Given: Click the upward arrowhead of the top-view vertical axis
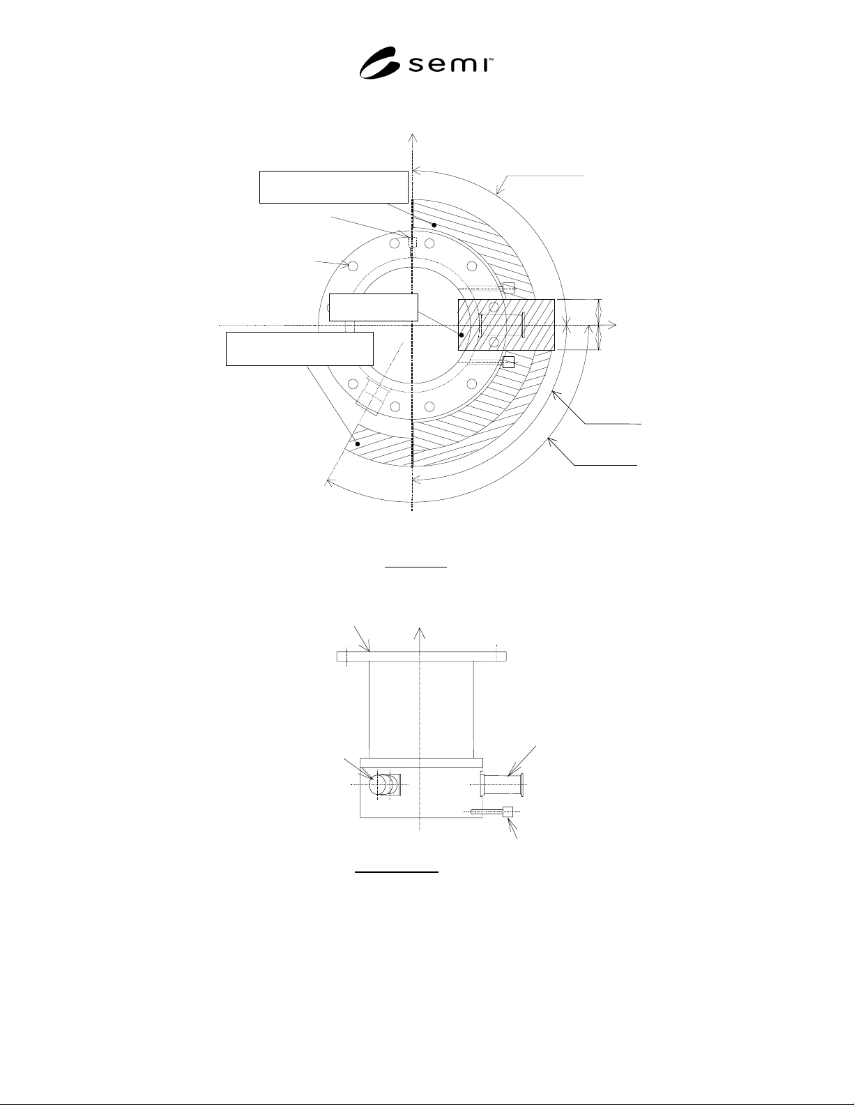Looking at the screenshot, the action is pyautogui.click(x=413, y=138).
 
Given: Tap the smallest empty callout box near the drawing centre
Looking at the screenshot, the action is pyautogui.click(x=374, y=307).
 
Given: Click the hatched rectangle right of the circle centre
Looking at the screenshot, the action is pyautogui.click(x=506, y=325).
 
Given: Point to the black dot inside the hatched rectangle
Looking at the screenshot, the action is pyautogui.click(x=462, y=335).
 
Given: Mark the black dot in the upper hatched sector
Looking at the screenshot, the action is pyautogui.click(x=434, y=224).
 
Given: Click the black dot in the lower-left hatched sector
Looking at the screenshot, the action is pyautogui.click(x=358, y=444).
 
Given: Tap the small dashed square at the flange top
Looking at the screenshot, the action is pyautogui.click(x=413, y=242).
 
